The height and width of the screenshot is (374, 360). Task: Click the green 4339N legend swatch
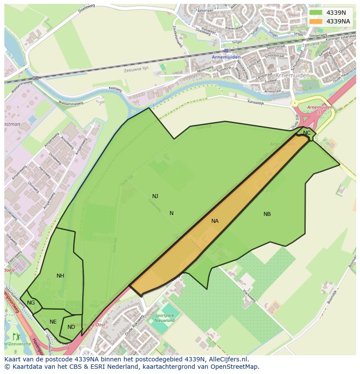(316, 13)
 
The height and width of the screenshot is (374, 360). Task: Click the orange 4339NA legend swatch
(316, 21)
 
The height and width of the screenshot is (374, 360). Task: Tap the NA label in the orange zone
(215, 221)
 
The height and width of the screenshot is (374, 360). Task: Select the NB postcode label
(267, 214)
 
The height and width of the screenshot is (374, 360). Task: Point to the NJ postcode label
(155, 196)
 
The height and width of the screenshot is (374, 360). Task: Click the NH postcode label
(60, 276)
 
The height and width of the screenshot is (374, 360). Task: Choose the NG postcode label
(31, 303)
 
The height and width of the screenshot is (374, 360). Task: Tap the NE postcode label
(53, 322)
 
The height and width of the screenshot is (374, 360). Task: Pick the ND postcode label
(71, 327)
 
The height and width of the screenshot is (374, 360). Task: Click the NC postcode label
(307, 133)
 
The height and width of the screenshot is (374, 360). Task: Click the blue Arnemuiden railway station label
(226, 57)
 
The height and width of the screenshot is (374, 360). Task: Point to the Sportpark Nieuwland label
(165, 318)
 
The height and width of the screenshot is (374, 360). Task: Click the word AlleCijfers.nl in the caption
(227, 359)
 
